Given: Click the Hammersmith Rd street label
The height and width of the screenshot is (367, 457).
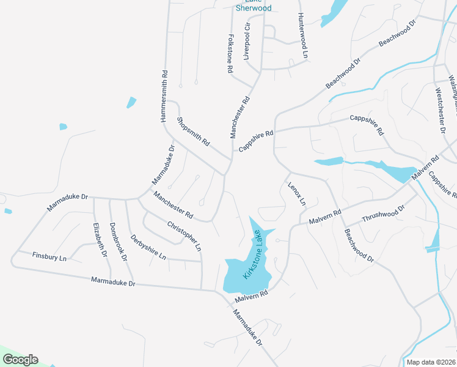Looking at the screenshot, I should (164, 96).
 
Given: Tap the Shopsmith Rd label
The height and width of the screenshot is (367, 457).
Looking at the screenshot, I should (193, 132).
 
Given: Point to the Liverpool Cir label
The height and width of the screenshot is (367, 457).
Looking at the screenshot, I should (247, 41).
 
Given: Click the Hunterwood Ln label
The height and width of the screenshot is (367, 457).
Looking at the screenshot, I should (302, 35).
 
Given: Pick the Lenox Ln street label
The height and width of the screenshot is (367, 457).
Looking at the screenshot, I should (296, 193).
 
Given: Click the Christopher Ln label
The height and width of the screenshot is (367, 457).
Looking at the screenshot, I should (184, 235).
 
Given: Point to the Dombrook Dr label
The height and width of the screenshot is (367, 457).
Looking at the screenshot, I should (119, 245).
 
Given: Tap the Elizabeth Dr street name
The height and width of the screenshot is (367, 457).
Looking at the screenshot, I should (100, 239).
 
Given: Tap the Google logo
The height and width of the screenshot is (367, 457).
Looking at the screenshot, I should (20, 360).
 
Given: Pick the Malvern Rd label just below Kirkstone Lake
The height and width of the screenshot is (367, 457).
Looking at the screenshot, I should (251, 297).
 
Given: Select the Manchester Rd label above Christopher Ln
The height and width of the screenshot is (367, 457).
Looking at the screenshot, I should (173, 206).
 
